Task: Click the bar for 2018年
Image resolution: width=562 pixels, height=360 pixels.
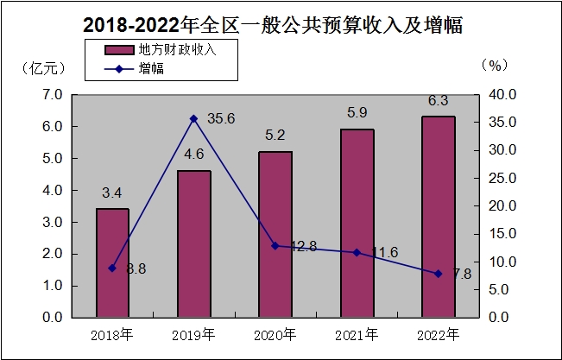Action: pos(112,262)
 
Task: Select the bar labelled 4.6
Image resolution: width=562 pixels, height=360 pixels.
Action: pos(193,243)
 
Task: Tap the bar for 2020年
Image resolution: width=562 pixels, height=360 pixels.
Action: pos(275,234)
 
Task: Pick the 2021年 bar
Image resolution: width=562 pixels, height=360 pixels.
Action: pos(357,223)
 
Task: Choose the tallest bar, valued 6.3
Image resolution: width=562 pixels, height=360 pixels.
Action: pos(439,216)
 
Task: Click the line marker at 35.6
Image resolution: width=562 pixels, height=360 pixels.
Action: pos(193,118)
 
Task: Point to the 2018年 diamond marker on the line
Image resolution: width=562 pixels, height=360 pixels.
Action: pos(112,268)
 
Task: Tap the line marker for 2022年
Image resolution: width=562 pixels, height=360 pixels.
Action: pos(439,274)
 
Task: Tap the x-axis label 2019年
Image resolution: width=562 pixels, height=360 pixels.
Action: pos(193,333)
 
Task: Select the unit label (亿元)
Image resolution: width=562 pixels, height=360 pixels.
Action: pos(41,67)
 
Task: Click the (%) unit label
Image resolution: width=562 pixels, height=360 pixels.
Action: pos(496,64)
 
